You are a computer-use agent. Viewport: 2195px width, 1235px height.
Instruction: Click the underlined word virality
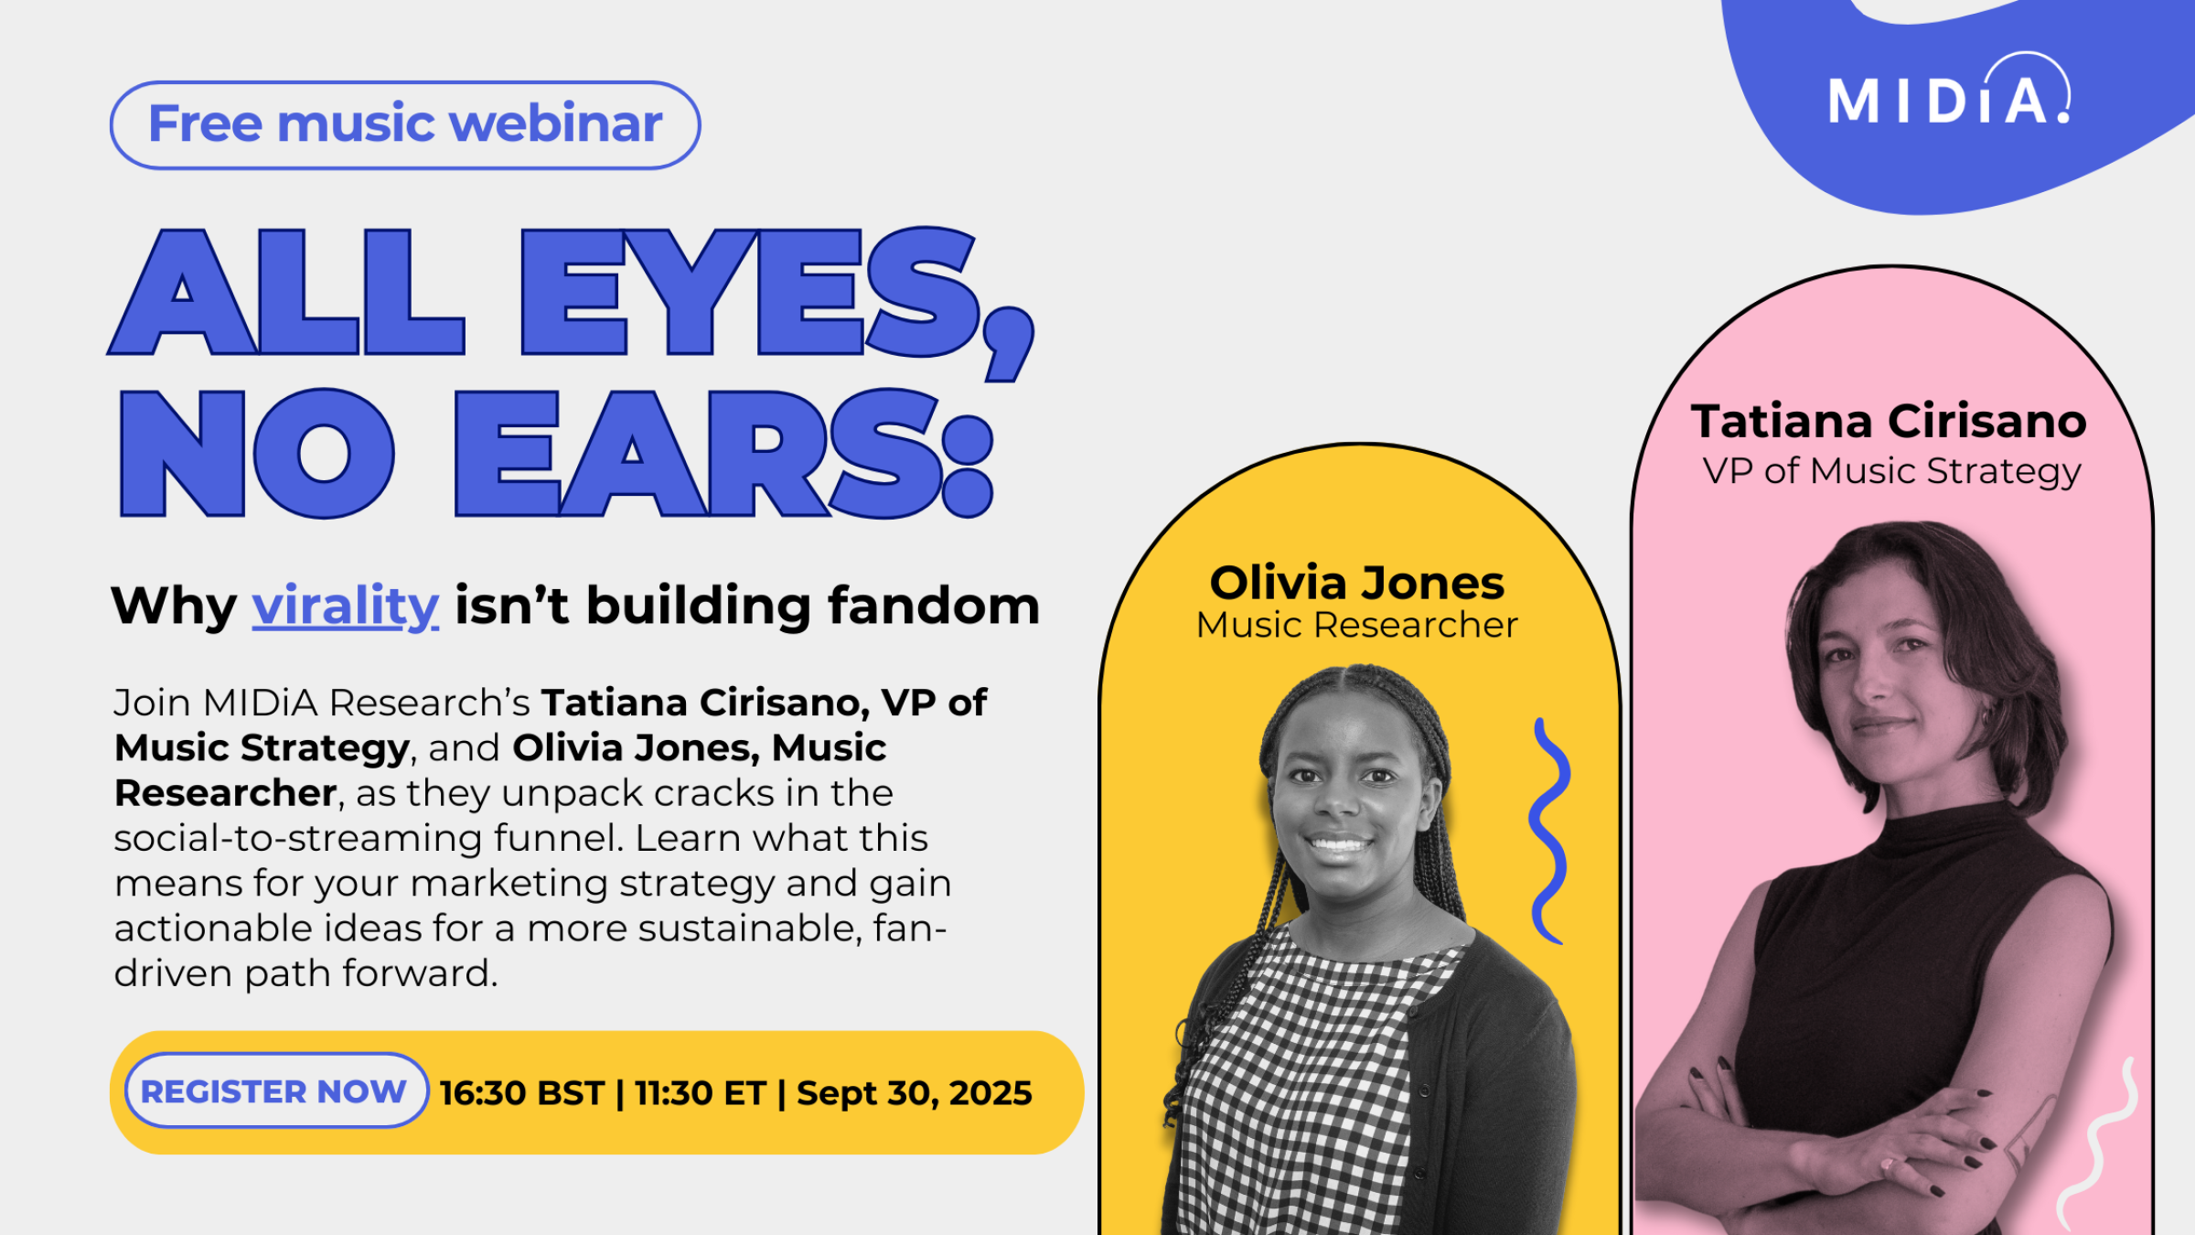[346, 607]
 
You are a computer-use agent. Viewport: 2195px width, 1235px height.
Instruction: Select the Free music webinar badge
[405, 124]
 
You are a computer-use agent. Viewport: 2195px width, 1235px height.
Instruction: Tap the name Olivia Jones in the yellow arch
[1357, 583]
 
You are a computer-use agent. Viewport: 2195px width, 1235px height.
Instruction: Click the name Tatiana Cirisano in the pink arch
[1890, 422]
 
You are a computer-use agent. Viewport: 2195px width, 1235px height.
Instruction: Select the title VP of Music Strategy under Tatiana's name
[1891, 472]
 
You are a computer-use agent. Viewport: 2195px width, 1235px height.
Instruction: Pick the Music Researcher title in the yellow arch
[1357, 625]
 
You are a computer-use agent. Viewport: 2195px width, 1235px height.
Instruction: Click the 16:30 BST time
[522, 1093]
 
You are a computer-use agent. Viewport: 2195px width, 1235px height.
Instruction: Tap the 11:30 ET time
[701, 1093]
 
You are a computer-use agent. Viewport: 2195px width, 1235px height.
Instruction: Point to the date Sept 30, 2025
[915, 1093]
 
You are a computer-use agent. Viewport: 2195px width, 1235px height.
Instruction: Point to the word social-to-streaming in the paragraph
[297, 838]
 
